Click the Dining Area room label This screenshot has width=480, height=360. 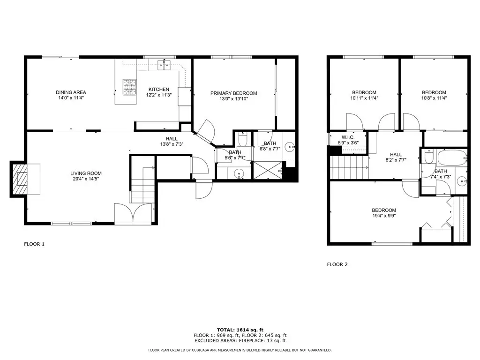pyautogui.click(x=71, y=92)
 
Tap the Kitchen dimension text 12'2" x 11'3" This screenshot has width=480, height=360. pyautogui.click(x=158, y=95)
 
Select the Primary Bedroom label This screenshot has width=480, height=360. pyautogui.click(x=233, y=93)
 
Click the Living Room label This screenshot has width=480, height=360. pyautogui.click(x=86, y=173)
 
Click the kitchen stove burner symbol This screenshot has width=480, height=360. pyautogui.click(x=129, y=87)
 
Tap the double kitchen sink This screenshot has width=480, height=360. pyautogui.click(x=165, y=65)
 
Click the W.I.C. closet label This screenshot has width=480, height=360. pyautogui.click(x=348, y=137)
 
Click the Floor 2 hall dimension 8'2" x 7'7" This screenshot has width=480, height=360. pyautogui.click(x=396, y=160)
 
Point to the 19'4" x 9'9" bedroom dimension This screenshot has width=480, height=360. pyautogui.click(x=384, y=216)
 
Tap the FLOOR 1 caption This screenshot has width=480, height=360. pyautogui.click(x=34, y=244)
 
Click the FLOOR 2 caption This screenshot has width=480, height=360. pyautogui.click(x=337, y=264)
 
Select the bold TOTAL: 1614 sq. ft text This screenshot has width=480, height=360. pyautogui.click(x=240, y=330)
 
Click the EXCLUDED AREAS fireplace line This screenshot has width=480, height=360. pyautogui.click(x=240, y=340)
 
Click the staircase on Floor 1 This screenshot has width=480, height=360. pyautogui.click(x=142, y=185)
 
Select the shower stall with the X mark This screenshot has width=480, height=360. pyautogui.click(x=268, y=170)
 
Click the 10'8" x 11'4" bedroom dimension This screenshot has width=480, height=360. pyautogui.click(x=434, y=98)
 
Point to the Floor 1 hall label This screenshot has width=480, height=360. pyautogui.click(x=172, y=139)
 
